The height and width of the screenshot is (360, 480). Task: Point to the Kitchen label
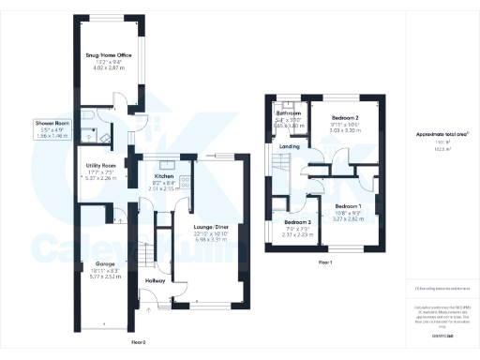[x=164, y=175]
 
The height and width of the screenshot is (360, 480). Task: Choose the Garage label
[x=91, y=264]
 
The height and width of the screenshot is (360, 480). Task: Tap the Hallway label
[x=156, y=280]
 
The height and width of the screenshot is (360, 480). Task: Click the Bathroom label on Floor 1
[x=288, y=112]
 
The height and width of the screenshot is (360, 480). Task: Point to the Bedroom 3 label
[x=299, y=222]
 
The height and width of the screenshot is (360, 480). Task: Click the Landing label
[x=289, y=146]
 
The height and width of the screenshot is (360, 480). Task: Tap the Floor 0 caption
[x=138, y=343]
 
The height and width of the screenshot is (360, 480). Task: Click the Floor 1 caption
[x=325, y=262]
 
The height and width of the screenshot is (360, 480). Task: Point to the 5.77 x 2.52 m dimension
[x=91, y=277]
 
